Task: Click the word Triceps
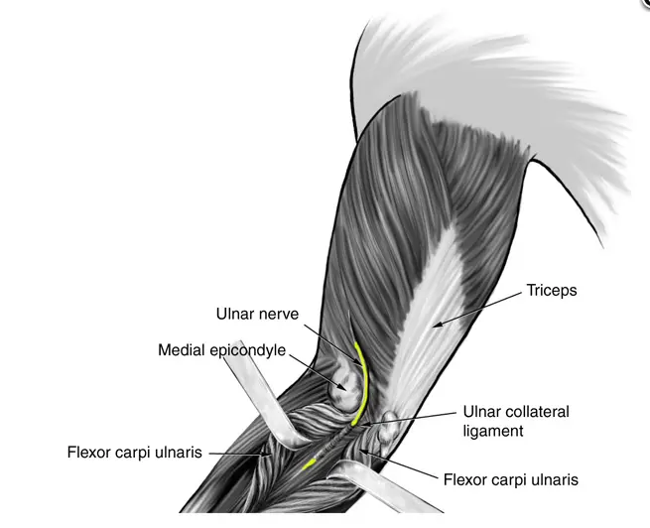tap(552, 291)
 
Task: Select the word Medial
tap(182, 350)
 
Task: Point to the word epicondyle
tap(248, 350)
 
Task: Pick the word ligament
tap(493, 432)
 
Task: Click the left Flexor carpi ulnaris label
tap(135, 453)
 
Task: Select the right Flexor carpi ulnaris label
tap(511, 480)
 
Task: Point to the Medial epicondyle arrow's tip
tap(345, 389)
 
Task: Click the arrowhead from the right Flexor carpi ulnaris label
tap(360, 451)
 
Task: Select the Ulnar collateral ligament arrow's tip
tap(361, 425)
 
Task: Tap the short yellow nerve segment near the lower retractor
tap(309, 464)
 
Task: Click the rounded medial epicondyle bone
tap(345, 390)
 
